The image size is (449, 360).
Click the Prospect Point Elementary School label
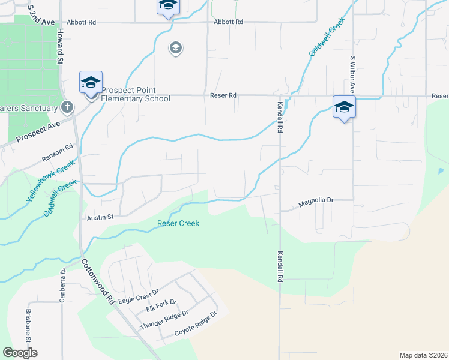coord(136,94)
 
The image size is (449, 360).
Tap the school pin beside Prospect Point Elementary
coord(91,83)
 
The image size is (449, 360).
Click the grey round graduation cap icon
coord(176,48)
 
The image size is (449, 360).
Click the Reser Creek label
coord(178,224)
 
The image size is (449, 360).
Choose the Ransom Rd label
coord(57,152)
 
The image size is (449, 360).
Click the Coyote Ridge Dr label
coord(195,325)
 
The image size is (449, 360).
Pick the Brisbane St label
coord(28,325)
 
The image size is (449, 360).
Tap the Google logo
coord(20,353)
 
